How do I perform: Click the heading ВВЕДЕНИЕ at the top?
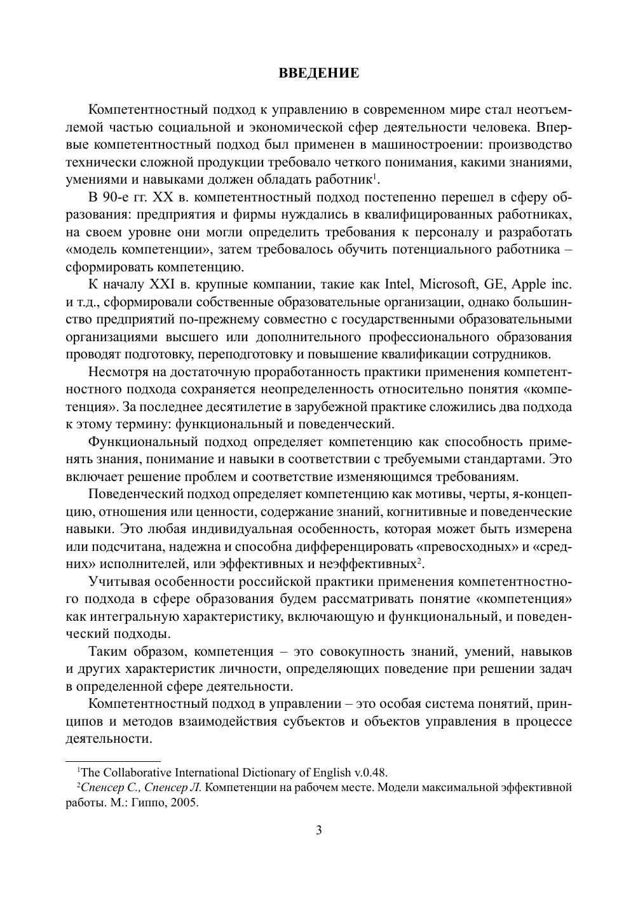tap(319, 73)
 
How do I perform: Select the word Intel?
tap(399, 284)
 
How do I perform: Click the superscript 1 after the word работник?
tap(376, 176)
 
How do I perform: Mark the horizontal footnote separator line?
tap(113, 761)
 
